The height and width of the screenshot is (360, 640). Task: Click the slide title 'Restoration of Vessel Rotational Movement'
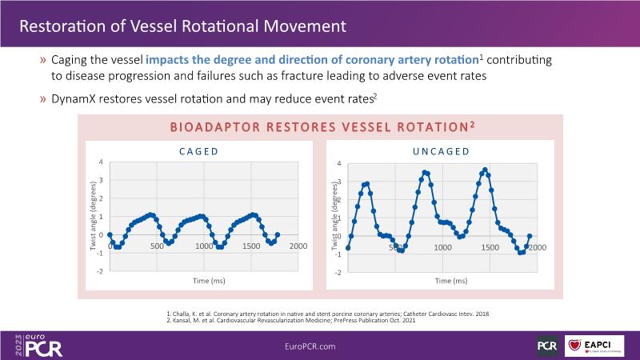pos(182,26)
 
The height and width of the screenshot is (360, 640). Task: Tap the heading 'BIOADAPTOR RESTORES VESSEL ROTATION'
pos(317,128)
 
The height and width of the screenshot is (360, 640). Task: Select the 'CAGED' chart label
pos(198,150)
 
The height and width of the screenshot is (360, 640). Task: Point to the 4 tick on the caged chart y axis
pos(101,162)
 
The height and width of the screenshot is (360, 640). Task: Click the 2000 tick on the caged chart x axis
pos(298,246)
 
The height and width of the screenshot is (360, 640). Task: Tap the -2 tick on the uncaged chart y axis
pos(340,273)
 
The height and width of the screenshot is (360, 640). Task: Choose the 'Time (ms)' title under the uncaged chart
pos(451,281)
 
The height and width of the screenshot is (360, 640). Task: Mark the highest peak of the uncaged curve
pos(486,170)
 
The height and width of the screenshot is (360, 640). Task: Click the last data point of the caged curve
pos(277,235)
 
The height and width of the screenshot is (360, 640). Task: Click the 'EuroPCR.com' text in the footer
pos(310,346)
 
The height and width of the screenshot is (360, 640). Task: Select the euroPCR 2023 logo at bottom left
pos(38,345)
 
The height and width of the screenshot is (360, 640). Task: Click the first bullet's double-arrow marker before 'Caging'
pos(42,62)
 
